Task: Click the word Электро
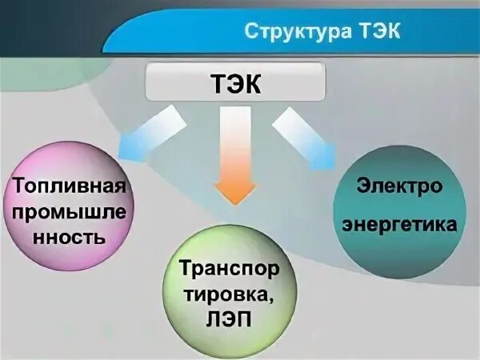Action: coord(399,186)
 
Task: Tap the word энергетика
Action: coord(399,225)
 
